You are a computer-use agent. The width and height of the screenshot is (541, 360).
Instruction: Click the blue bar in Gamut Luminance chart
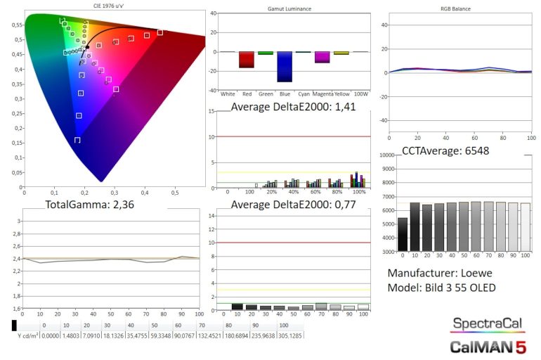pyautogui.click(x=284, y=66)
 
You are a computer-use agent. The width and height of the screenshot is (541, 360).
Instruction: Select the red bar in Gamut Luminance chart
pyautogui.click(x=246, y=59)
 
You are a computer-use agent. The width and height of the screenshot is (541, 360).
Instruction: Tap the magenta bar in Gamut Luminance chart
pyautogui.click(x=322, y=57)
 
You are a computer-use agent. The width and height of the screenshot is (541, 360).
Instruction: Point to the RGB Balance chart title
pyautogui.click(x=456, y=8)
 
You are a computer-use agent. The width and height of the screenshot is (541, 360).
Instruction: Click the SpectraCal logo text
pyautogui.click(x=487, y=323)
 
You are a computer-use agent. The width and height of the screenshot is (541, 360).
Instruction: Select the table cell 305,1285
pyautogui.click(x=292, y=335)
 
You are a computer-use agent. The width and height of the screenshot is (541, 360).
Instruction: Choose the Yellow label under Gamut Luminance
pyautogui.click(x=341, y=94)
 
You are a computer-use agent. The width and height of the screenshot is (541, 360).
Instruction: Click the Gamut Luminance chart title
pyautogui.click(x=290, y=8)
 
